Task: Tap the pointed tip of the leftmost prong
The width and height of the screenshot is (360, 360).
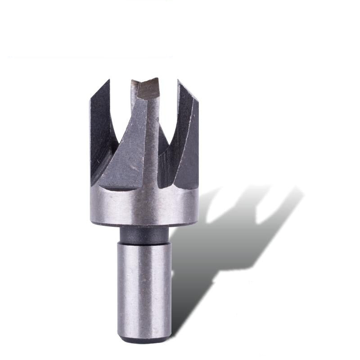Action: (x=108, y=81)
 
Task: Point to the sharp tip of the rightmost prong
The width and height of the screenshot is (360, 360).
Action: (x=179, y=81)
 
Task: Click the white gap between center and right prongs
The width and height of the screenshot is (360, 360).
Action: (x=168, y=108)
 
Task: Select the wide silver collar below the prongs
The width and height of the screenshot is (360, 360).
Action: (x=144, y=207)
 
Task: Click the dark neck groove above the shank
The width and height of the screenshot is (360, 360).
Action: (x=144, y=234)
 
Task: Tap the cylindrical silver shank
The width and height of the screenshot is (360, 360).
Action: (x=144, y=288)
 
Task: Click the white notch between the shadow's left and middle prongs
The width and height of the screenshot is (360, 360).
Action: (x=229, y=202)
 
